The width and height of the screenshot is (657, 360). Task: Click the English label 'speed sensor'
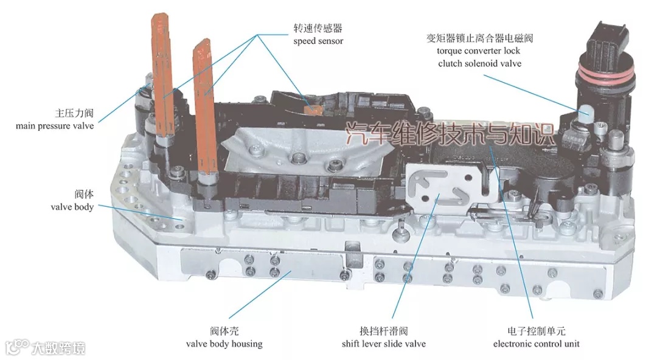pyautogui.click(x=318, y=41)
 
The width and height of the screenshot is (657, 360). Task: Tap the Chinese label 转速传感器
pyautogui.click(x=318, y=28)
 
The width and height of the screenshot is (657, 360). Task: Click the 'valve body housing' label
pyautogui.click(x=224, y=344)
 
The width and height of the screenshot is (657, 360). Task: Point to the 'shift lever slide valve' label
pyautogui.click(x=384, y=344)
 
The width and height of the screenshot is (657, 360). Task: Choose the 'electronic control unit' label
pyautogui.click(x=536, y=344)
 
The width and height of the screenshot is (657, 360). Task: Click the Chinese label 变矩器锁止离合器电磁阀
pyautogui.click(x=479, y=38)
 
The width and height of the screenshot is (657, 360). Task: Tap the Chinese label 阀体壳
pyautogui.click(x=224, y=331)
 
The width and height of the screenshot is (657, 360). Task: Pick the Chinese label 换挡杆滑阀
pyautogui.click(x=384, y=331)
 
